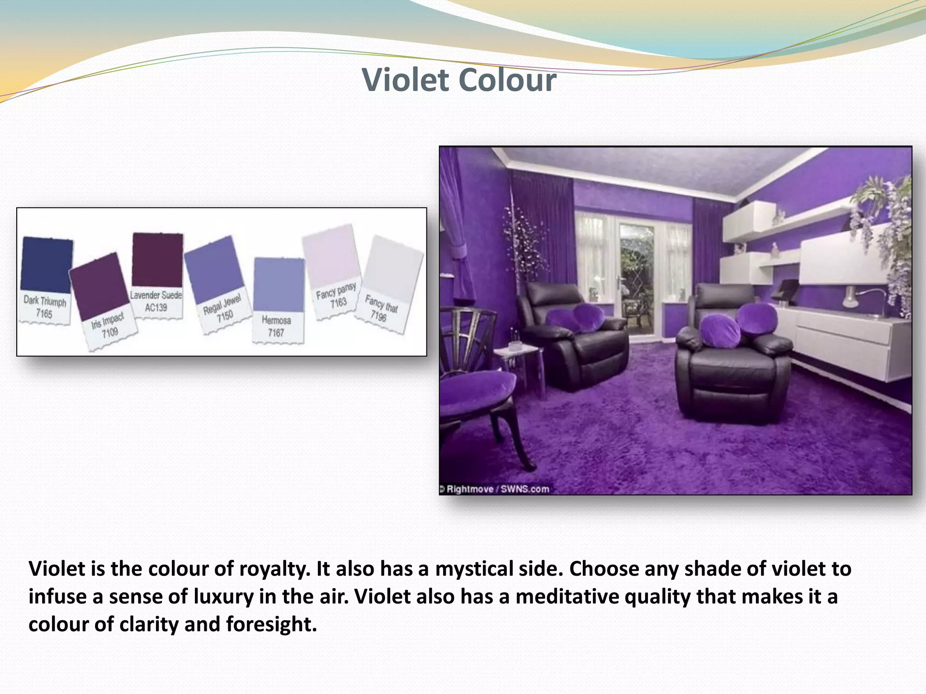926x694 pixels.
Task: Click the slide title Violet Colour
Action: pyautogui.click(x=459, y=80)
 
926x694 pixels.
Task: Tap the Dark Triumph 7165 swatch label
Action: pyautogui.click(x=44, y=307)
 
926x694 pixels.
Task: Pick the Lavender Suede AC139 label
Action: pyautogui.click(x=156, y=301)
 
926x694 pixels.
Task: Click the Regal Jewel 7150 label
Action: pyautogui.click(x=222, y=309)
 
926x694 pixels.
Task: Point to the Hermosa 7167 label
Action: pyautogui.click(x=276, y=326)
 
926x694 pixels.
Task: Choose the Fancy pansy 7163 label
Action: pyautogui.click(x=337, y=296)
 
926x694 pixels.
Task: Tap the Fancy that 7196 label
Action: pyautogui.click(x=380, y=308)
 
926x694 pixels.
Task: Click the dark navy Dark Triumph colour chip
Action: pyautogui.click(x=47, y=264)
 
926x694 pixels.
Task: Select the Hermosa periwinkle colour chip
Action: pyautogui.click(x=279, y=285)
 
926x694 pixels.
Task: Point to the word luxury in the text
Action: pyautogui.click(x=224, y=596)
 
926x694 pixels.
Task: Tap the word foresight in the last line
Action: pyautogui.click(x=271, y=624)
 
